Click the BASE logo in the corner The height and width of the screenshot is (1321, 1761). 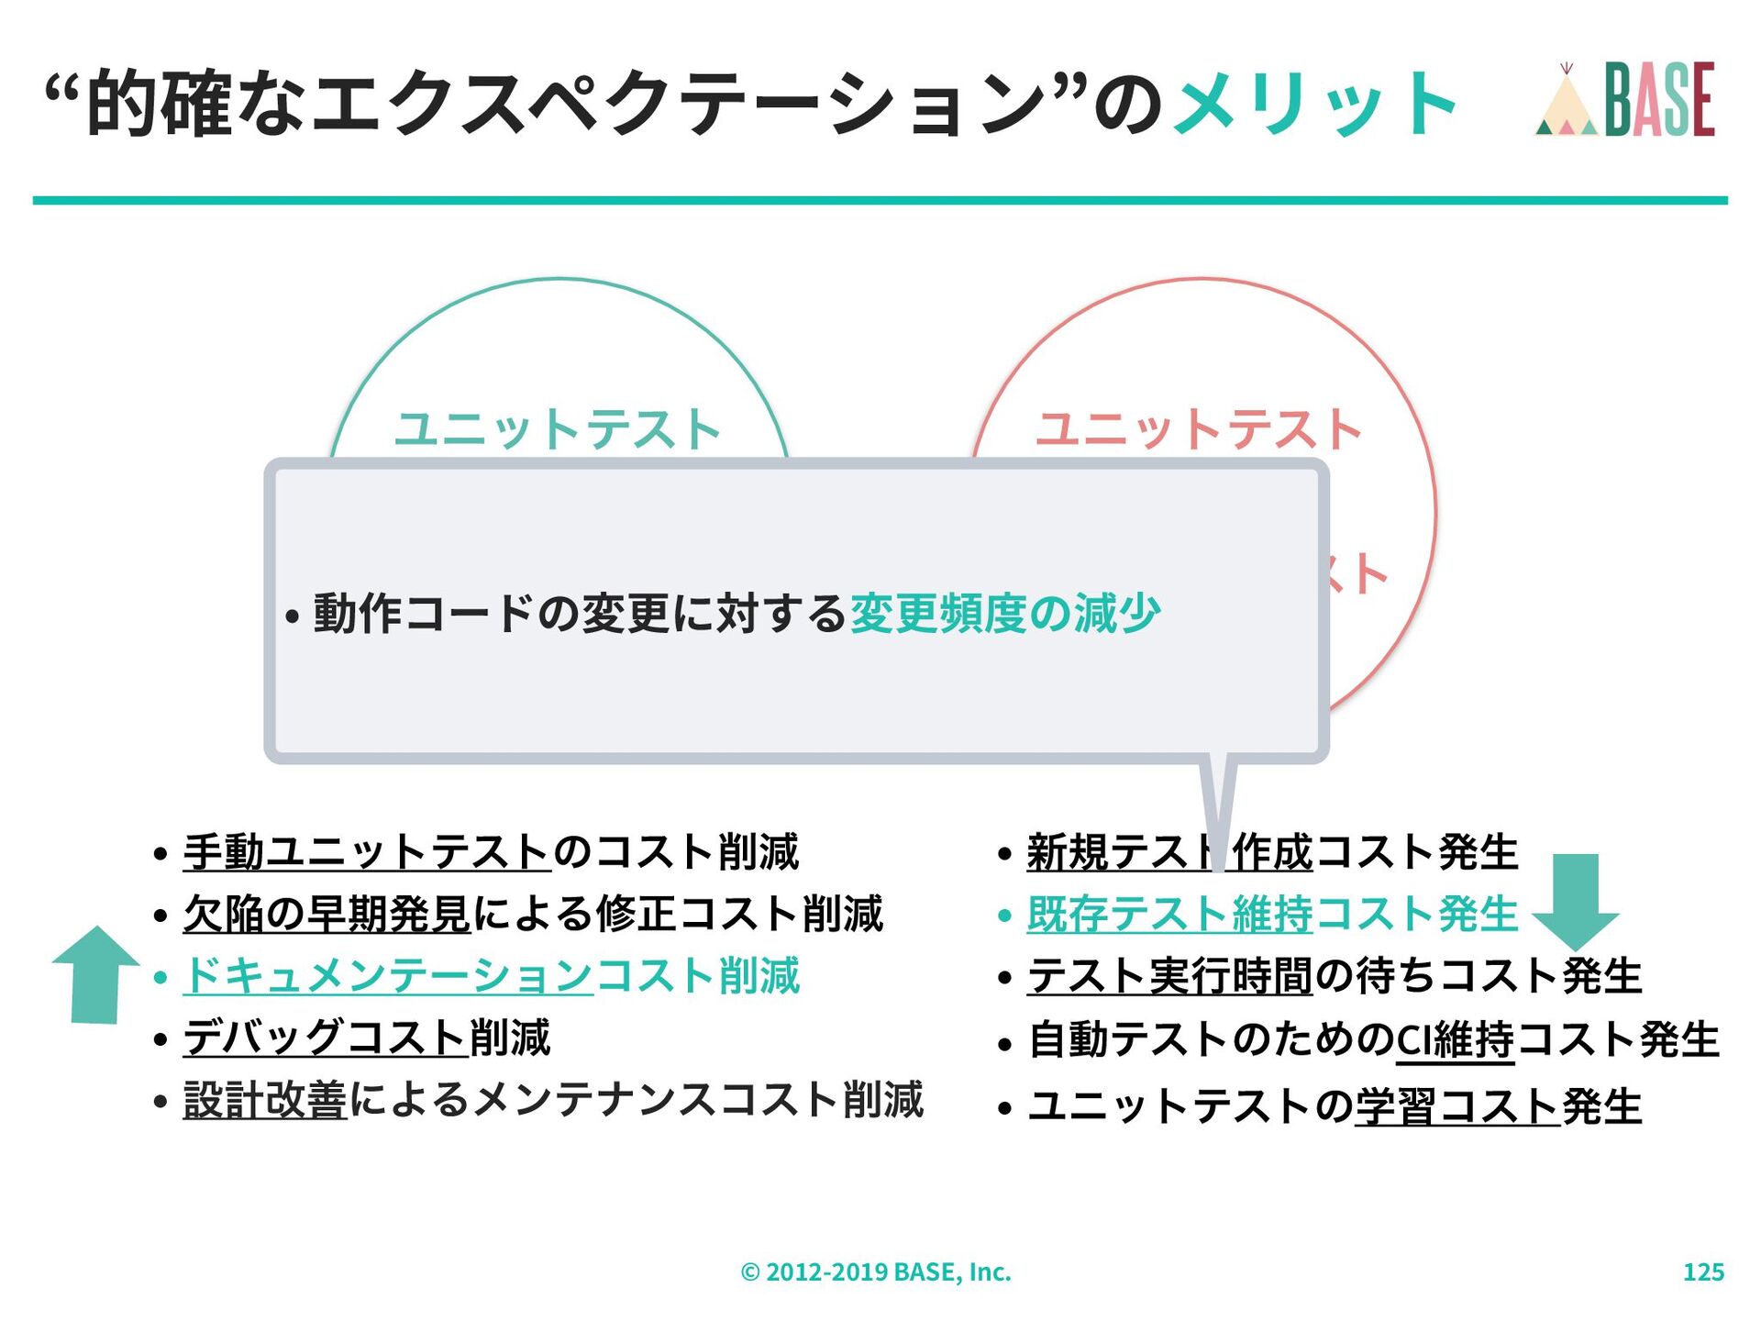(1624, 100)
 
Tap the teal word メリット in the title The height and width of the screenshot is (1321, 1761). (1315, 104)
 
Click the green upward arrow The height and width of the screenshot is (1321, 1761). (95, 974)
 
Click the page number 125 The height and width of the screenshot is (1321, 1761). (1703, 1271)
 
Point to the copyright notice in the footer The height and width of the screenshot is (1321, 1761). (876, 1271)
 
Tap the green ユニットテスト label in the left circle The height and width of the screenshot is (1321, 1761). (558, 429)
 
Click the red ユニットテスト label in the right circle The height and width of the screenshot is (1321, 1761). (1199, 429)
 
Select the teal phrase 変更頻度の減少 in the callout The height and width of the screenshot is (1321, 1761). (1005, 614)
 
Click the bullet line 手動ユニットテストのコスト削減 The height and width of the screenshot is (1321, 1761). (491, 851)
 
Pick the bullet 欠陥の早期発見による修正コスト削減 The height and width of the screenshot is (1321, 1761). (533, 914)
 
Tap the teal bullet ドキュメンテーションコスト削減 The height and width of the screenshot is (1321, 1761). (492, 975)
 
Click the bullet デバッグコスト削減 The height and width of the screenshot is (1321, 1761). (367, 1038)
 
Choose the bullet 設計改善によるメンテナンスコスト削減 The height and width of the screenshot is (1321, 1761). (553, 1100)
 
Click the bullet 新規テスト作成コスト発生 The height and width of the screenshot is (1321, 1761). (1272, 851)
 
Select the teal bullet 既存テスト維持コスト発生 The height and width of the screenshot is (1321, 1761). (1272, 914)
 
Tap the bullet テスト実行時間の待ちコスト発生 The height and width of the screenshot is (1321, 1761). (1335, 975)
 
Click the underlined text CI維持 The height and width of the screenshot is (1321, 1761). (1455, 1040)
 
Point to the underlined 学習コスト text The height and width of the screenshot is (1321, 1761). (1457, 1105)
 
